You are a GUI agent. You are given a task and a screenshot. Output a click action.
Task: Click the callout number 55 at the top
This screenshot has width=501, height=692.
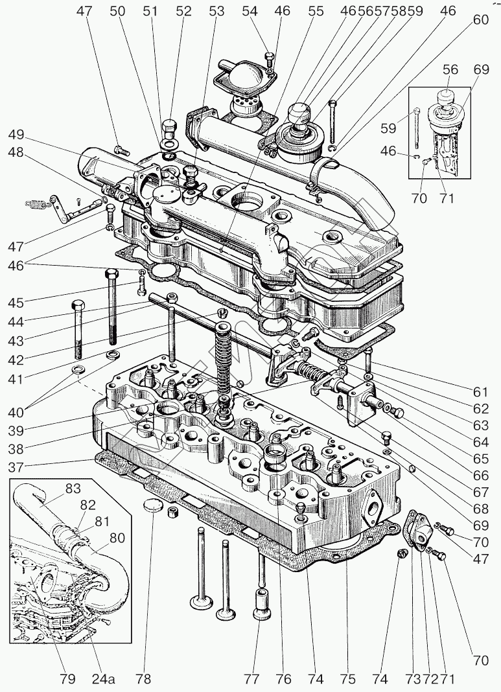pyautogui.click(x=316, y=11)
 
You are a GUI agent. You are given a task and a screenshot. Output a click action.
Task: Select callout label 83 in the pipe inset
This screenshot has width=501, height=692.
pyautogui.click(x=73, y=489)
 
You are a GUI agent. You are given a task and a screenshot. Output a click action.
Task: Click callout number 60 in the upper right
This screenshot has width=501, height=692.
pyautogui.click(x=481, y=19)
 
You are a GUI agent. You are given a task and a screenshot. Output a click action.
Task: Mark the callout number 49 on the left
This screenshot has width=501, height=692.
pyautogui.click(x=16, y=135)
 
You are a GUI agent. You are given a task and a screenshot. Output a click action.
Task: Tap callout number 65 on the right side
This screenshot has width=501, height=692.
pyautogui.click(x=481, y=459)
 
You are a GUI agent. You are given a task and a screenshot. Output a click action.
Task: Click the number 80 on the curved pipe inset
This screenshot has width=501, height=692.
pyautogui.click(x=117, y=538)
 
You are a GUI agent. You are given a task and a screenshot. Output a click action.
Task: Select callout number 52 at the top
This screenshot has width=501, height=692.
pyautogui.click(x=183, y=11)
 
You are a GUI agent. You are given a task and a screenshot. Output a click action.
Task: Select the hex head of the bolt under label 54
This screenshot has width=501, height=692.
pyautogui.click(x=269, y=56)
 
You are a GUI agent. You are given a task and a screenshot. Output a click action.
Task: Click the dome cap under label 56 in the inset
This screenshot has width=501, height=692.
pyautogui.click(x=445, y=96)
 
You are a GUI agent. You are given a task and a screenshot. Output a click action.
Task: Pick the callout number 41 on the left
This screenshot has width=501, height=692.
pyautogui.click(x=16, y=378)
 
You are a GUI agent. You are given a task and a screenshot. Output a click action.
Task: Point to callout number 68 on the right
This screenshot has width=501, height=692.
pyautogui.click(x=481, y=509)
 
